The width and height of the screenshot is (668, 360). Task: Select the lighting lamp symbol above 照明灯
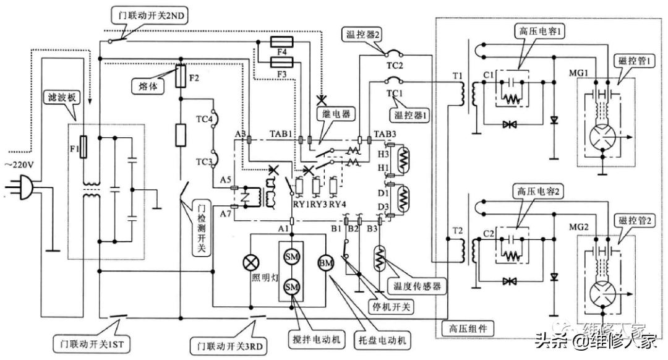pos(252,261)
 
